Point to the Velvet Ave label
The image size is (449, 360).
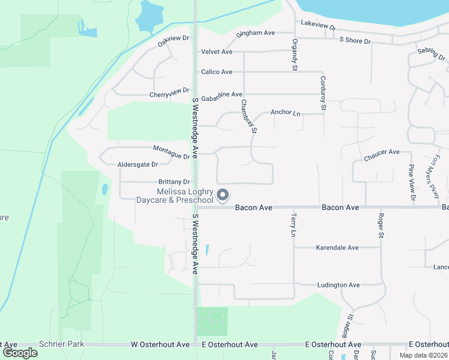click(217, 52)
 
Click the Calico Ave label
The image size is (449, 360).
click(217, 72)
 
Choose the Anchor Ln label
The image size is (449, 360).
click(285, 112)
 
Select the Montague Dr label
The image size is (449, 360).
click(171, 152)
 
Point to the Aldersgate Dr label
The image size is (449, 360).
click(137, 164)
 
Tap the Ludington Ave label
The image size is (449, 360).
click(339, 285)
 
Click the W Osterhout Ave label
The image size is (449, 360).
click(160, 345)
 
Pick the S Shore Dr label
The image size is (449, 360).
click(355, 41)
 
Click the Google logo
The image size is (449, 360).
click(20, 353)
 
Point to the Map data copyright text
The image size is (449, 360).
click(423, 355)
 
